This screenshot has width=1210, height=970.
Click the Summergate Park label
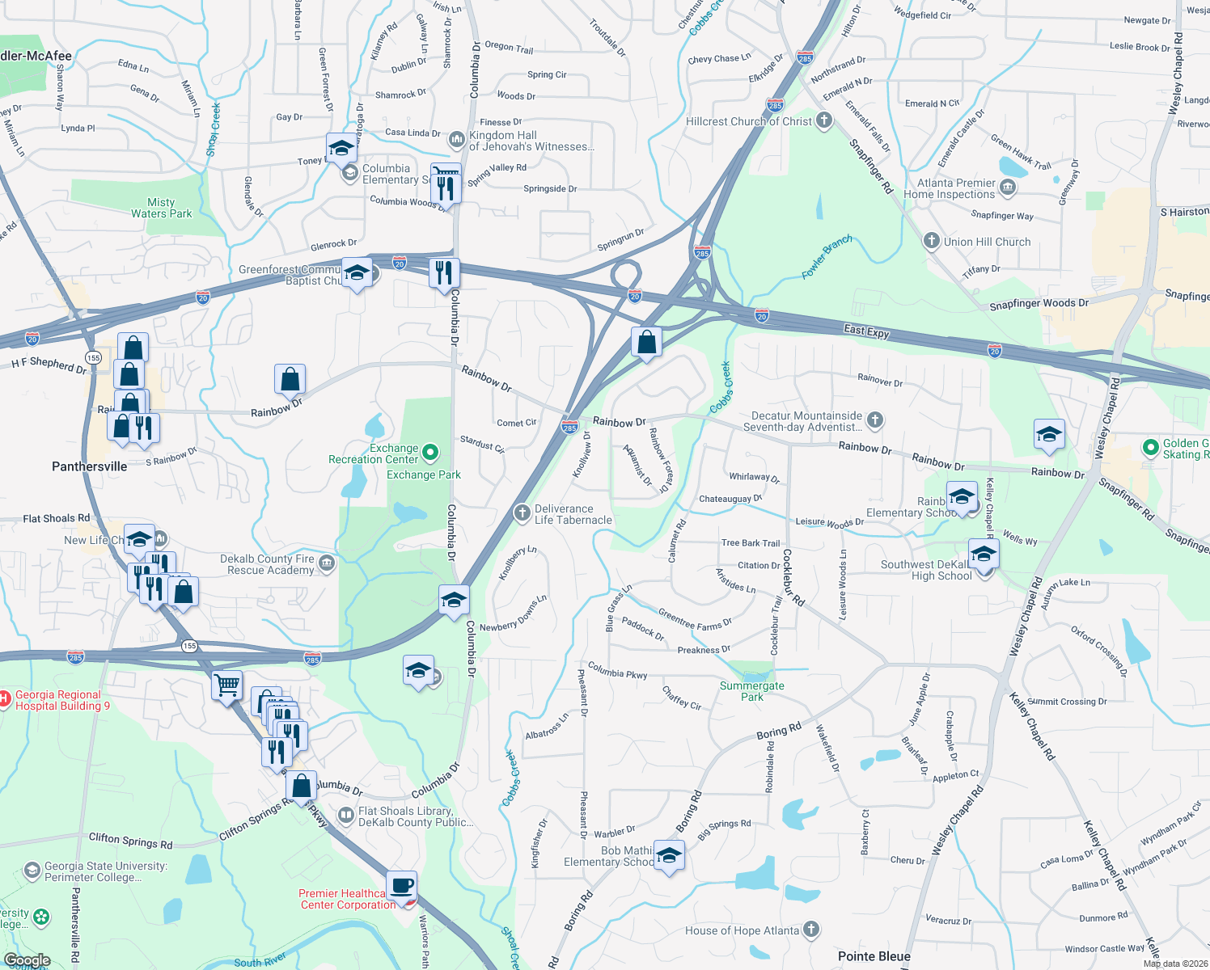(x=751, y=691)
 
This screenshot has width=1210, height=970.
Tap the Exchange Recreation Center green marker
(x=430, y=453)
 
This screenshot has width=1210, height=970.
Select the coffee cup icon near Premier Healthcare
(x=401, y=885)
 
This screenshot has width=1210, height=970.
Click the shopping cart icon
(x=227, y=685)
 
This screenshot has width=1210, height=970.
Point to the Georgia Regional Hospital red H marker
(x=5, y=696)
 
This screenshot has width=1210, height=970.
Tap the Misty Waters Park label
(x=162, y=209)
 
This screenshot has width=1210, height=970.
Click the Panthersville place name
(x=89, y=466)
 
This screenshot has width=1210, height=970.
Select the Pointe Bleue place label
(x=874, y=956)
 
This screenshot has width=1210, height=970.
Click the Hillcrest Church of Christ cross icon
(x=823, y=121)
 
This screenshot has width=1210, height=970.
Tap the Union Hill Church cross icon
(x=931, y=241)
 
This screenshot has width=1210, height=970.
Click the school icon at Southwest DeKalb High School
(x=984, y=555)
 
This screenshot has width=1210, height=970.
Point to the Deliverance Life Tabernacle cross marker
(x=522, y=513)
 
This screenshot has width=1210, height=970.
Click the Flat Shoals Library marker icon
(x=346, y=816)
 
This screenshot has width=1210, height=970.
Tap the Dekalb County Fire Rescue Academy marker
(x=327, y=563)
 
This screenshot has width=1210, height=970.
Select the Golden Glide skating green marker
(x=1150, y=448)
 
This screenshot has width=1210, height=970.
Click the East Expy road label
(x=866, y=331)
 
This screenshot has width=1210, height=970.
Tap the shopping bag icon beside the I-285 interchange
(x=646, y=342)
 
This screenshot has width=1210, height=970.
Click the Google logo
(x=27, y=960)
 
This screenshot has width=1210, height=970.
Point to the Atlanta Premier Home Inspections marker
(x=1007, y=188)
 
